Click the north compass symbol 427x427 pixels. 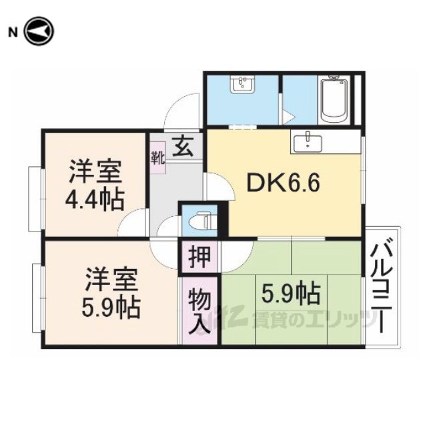coord(39,31)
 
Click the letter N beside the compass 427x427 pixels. coord(13,33)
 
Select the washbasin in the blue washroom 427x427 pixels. coord(242,84)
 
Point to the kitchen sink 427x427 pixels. coord(308,141)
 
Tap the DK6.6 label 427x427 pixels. coord(283,182)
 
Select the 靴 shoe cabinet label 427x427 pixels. coord(158,158)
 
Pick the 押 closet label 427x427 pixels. coord(200,256)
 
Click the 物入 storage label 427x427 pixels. coord(200,311)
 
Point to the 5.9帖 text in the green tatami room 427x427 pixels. coord(291,294)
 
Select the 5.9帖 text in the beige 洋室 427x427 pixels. coord(111,308)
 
